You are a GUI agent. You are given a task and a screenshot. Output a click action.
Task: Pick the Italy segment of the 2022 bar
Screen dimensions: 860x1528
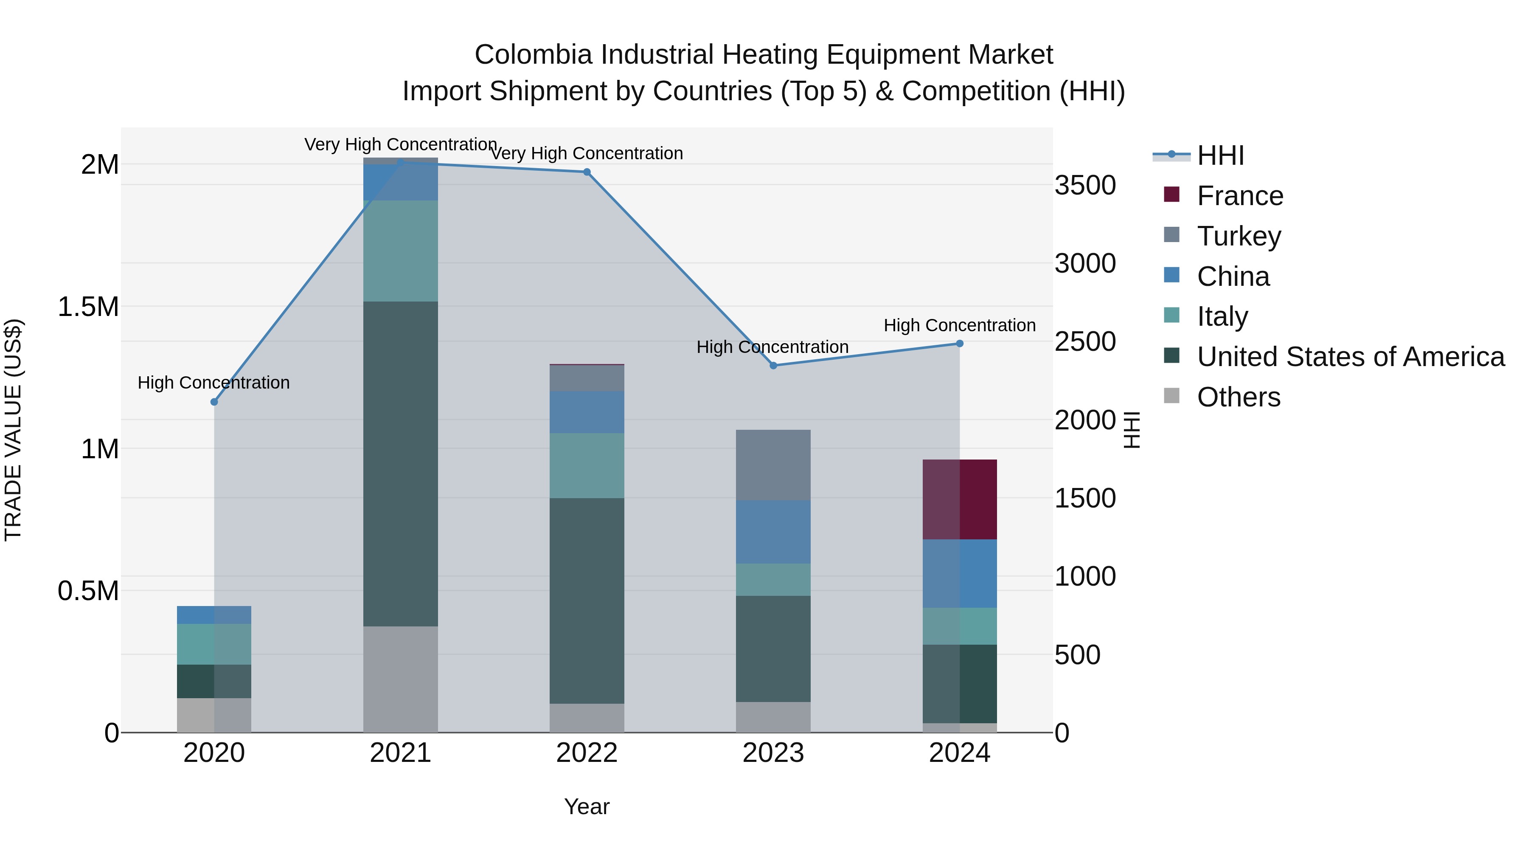pos(587,465)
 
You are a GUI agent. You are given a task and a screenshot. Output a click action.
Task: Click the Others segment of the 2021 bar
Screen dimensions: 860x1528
pos(400,679)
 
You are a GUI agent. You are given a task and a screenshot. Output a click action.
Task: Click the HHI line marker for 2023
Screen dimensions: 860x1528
pos(773,366)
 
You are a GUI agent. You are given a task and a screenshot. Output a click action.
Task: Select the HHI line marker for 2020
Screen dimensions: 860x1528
pos(214,402)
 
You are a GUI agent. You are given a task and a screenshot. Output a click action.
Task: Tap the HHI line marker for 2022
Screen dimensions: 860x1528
pos(587,172)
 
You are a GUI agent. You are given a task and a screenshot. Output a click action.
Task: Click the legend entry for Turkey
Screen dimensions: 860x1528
pos(1239,236)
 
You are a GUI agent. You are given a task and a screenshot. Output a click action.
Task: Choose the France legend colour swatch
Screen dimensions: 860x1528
pos(1171,195)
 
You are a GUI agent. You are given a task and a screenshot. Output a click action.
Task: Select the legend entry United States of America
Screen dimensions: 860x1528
pos(1350,357)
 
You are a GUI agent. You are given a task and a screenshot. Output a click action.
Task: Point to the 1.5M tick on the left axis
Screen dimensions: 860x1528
pos(88,307)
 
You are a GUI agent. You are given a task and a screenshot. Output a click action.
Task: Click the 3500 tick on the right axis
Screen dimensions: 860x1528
pos(1085,185)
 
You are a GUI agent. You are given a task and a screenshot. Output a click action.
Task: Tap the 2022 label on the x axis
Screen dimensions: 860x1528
pos(587,753)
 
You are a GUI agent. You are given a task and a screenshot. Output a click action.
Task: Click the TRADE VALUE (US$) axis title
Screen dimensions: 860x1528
pos(13,430)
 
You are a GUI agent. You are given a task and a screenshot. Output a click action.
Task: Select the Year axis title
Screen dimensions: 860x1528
pos(587,806)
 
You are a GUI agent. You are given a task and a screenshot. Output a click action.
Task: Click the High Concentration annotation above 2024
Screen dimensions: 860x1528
pos(959,325)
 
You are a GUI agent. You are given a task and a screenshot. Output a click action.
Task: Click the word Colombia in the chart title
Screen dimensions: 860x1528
pos(533,55)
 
